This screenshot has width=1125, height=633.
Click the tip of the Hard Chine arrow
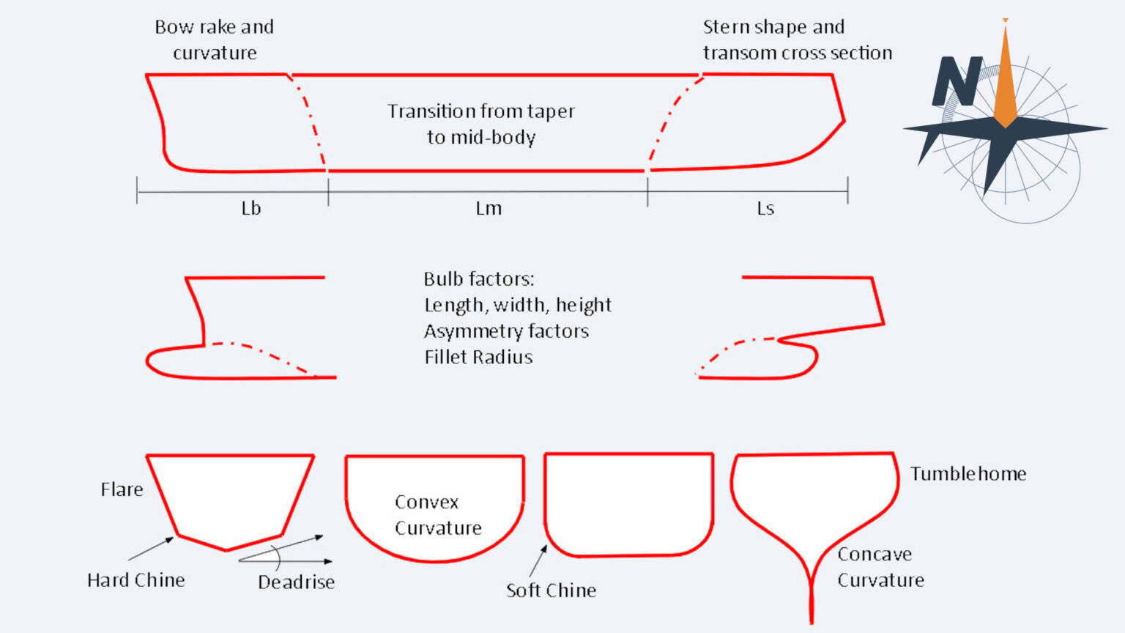click(x=174, y=537)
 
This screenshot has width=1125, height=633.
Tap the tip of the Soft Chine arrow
click(x=547, y=545)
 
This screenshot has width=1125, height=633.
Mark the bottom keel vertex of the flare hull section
click(x=226, y=551)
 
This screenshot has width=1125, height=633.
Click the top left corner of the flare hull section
click(x=146, y=456)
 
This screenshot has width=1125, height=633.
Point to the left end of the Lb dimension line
click(x=137, y=191)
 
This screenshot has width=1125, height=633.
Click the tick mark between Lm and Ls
click(x=647, y=191)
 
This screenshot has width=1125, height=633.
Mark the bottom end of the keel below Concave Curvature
click(x=812, y=623)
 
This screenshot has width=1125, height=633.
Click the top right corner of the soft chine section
click(x=713, y=454)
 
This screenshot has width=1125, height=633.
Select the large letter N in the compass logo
click(x=957, y=81)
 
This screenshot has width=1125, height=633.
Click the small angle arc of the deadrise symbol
click(x=278, y=558)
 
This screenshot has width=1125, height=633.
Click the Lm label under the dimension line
click(x=489, y=208)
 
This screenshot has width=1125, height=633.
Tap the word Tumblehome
click(x=968, y=474)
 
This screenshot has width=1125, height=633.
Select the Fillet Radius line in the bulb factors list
click(x=478, y=358)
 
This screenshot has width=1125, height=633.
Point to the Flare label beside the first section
click(x=122, y=489)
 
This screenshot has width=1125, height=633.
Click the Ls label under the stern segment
click(x=765, y=208)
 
